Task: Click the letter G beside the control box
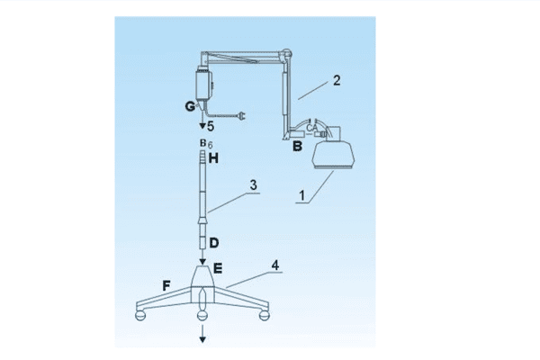click(x=190, y=106)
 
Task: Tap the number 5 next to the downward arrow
click(x=211, y=126)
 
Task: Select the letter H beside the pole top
click(x=213, y=158)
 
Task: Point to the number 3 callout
click(x=254, y=185)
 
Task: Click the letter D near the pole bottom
click(x=214, y=243)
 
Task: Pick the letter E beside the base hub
click(x=218, y=268)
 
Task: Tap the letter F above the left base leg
click(x=166, y=285)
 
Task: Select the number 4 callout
click(x=275, y=265)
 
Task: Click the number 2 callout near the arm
click(x=337, y=80)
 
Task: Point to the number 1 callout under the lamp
click(x=302, y=195)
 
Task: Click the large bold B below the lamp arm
click(x=297, y=146)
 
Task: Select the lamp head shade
click(x=333, y=156)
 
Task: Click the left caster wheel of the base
click(x=140, y=315)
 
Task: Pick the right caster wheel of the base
click(x=264, y=315)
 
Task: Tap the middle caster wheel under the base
click(x=202, y=315)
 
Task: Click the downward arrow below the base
click(x=202, y=334)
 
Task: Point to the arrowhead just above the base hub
click(x=202, y=262)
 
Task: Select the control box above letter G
click(x=204, y=85)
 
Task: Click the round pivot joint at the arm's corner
click(x=286, y=54)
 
